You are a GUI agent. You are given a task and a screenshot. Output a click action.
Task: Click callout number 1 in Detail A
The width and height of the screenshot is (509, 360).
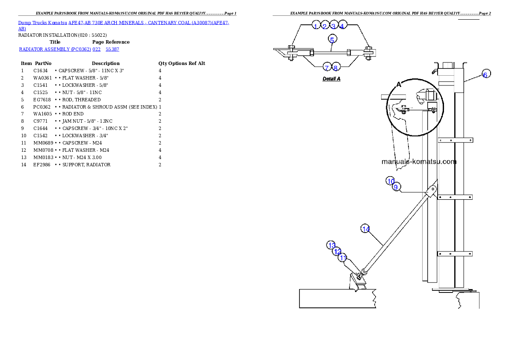coord(316,26)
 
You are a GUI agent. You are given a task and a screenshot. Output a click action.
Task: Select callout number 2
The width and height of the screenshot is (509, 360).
coord(325,26)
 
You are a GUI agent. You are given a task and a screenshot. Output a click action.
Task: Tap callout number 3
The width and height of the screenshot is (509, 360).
coord(334,26)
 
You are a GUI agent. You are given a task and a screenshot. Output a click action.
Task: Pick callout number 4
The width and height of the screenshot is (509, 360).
coord(342,26)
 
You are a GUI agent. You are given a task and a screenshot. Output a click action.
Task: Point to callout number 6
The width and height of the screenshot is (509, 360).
coord(485,74)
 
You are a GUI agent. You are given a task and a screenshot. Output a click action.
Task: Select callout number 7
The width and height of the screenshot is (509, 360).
coord(326,68)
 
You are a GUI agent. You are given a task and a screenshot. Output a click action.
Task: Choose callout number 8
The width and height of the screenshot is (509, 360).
coord(335,68)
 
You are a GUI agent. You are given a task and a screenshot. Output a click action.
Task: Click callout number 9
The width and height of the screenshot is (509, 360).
coord(396,187)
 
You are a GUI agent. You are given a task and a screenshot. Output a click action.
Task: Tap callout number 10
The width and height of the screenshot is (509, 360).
coord(391,181)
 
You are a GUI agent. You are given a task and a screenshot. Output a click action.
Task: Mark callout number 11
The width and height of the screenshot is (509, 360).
coord(342,258)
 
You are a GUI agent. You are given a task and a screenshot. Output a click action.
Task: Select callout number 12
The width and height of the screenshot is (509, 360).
coord(337,251)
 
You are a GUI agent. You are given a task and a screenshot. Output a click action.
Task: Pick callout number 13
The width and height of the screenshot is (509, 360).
coord(331,245)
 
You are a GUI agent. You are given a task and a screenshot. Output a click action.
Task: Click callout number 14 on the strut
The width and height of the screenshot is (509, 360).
coord(366,229)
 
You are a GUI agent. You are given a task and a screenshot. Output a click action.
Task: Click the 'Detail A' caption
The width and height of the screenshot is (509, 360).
coord(331,79)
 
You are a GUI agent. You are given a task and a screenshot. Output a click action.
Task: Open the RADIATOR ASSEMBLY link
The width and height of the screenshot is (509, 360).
coord(54,50)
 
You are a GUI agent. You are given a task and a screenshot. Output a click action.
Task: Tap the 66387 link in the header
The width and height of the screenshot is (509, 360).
coord(112,50)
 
